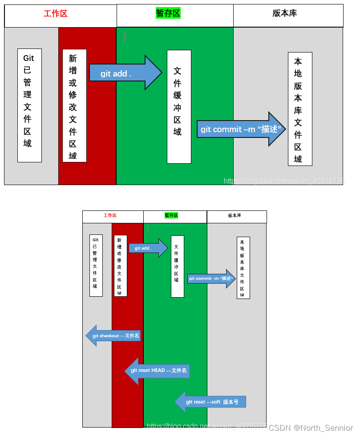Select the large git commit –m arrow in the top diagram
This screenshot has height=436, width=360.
240,129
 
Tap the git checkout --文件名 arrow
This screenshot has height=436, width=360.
114,336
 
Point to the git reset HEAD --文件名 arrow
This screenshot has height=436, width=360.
158,371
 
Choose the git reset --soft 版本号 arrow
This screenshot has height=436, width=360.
211,402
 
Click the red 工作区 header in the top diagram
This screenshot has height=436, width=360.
56,14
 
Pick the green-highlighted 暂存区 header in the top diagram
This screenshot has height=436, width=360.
168,13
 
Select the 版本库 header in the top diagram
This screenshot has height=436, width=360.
285,13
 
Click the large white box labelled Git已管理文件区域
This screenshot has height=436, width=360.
29,105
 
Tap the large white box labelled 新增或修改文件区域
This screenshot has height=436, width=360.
74,106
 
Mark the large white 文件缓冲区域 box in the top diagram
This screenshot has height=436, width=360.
179,107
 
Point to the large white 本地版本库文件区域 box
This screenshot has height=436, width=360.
300,109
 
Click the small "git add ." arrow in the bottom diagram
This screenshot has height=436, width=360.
147,248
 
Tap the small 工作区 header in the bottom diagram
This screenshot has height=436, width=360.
110,215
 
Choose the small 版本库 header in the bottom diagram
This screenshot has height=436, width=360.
235,216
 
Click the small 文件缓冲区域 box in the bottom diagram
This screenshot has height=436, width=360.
177,266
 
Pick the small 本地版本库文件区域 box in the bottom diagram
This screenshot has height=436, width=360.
243,268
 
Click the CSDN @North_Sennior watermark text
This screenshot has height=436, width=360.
311,428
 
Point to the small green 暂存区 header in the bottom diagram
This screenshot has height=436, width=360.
171,215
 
